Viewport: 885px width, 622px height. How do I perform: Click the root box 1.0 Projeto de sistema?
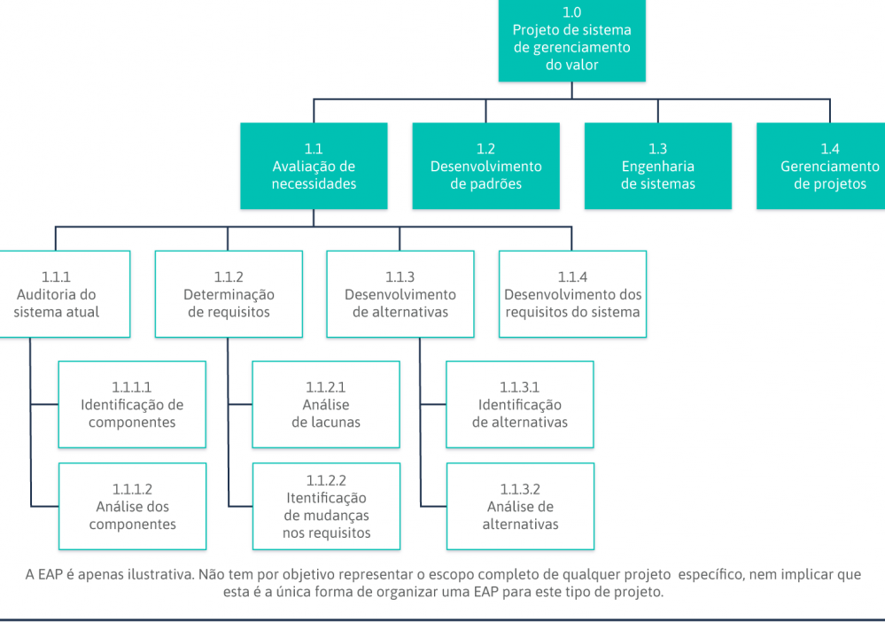pos(571,40)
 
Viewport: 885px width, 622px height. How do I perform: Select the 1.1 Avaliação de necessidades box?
pos(314,166)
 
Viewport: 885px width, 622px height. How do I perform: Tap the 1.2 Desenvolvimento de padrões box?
pos(486,166)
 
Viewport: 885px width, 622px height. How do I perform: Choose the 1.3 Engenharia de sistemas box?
pos(658,166)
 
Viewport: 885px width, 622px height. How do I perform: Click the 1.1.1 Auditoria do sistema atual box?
pos(65,294)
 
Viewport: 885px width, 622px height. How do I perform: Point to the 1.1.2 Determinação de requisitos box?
pos(229,294)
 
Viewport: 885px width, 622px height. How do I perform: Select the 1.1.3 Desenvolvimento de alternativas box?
pos(400,294)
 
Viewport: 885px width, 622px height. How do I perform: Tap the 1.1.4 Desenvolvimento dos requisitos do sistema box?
pos(572,294)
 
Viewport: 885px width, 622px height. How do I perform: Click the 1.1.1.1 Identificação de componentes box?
pos(132,405)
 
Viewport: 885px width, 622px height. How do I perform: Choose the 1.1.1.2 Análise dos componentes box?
pos(132,506)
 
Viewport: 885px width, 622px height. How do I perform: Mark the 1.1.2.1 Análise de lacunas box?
pos(326,405)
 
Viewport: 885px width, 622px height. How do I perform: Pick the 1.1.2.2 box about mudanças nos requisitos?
pos(326,506)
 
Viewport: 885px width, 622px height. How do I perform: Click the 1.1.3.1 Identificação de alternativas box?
pos(520,405)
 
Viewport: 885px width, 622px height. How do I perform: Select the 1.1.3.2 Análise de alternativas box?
pos(520,506)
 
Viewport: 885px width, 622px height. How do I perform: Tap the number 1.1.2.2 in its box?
pos(326,480)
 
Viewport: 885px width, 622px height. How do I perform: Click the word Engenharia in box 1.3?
pos(658,167)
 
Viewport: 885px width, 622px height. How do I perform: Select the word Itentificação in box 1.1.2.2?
pos(326,498)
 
